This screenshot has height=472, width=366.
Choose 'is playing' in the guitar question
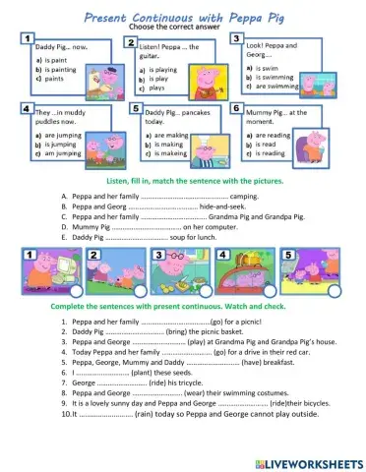[163, 71]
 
